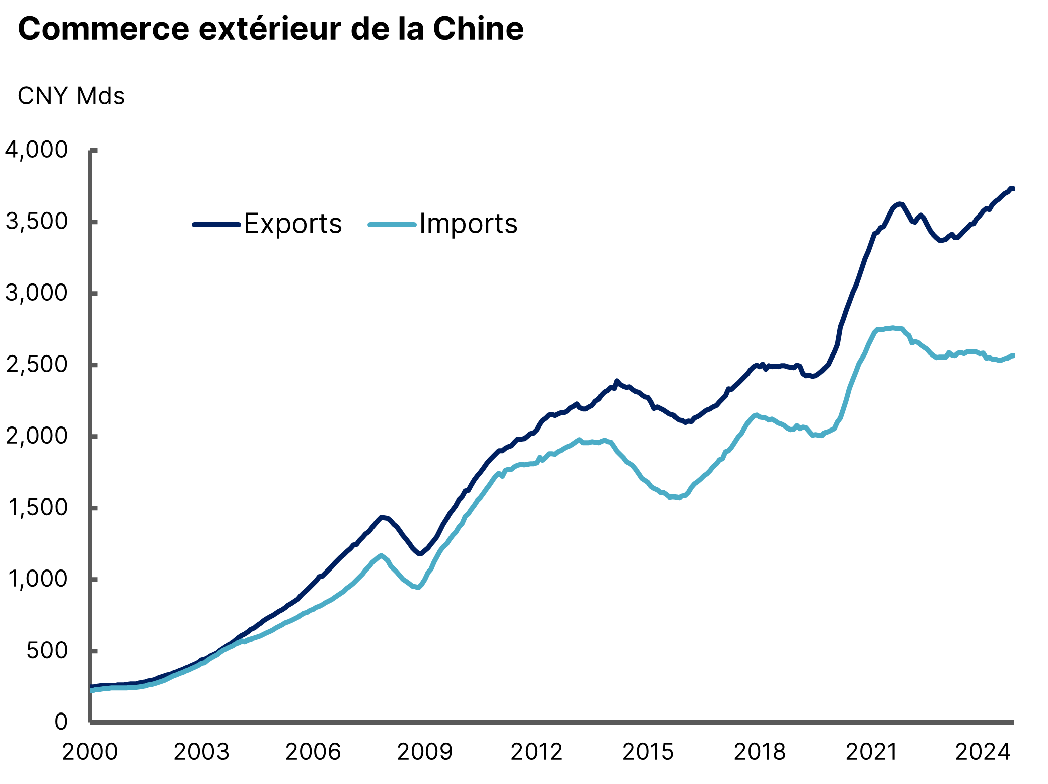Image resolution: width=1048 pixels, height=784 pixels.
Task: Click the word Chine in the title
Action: point(478,29)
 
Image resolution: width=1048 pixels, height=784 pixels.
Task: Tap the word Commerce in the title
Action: point(103,29)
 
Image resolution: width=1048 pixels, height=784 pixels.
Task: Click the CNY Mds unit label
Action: point(71,96)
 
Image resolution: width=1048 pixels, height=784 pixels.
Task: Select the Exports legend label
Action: point(292,224)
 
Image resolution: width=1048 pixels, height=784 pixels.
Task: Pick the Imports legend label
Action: point(468,224)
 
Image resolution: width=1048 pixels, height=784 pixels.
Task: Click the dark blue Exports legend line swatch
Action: point(216,225)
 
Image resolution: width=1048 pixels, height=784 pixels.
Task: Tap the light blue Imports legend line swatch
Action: point(392,225)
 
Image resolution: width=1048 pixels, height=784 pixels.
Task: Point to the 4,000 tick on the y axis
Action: point(36,150)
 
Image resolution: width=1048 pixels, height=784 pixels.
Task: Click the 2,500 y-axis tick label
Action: point(36,365)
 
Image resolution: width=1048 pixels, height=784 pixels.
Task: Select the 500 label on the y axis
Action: point(47,651)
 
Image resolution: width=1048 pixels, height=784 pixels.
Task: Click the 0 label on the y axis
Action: point(61,722)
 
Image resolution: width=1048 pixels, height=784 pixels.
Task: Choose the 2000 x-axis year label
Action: point(90,752)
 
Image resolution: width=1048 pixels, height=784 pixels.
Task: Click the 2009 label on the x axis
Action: point(425,752)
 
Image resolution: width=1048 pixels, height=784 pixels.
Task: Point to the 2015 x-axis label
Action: point(648,752)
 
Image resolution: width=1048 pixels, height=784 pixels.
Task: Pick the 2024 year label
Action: point(983,752)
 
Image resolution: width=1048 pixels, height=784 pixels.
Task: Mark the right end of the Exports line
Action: point(1013,189)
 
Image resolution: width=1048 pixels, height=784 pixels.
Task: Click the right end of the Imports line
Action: point(1013,356)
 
